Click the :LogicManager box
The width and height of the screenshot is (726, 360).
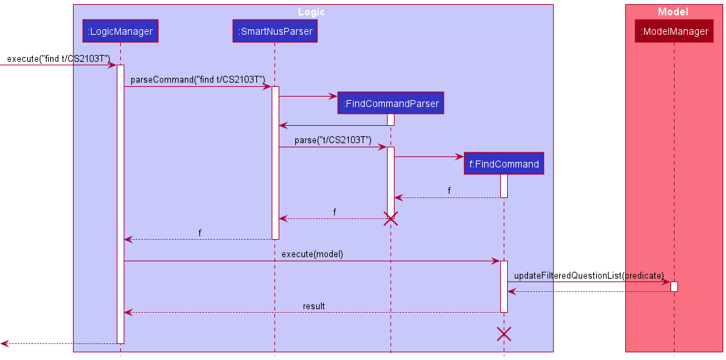pos(120,31)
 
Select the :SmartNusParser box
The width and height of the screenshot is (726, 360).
pos(274,31)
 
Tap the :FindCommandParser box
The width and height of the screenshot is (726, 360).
pos(390,104)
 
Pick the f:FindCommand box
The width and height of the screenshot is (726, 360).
pos(504,164)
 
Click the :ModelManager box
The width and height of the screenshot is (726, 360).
pos(674,31)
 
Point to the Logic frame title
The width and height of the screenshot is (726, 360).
pos(311,12)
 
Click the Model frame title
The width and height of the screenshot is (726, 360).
pos(673,12)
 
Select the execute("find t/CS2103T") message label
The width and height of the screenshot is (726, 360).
pos(58,58)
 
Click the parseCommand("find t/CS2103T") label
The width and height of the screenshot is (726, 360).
pos(197,80)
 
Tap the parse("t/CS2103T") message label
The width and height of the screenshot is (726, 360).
pos(332,140)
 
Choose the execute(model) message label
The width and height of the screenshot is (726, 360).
pos(312,254)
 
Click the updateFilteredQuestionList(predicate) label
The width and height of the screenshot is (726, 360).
pos(588,275)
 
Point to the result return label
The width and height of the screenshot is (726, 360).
pos(313,306)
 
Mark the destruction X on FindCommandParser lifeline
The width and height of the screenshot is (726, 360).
pos(390,219)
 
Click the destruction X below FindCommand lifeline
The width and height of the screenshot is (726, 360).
pos(504,334)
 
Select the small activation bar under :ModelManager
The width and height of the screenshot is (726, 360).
pos(674,286)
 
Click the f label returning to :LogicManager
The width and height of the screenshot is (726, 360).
pos(199,233)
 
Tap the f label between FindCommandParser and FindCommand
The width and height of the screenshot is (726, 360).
pos(449,190)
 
